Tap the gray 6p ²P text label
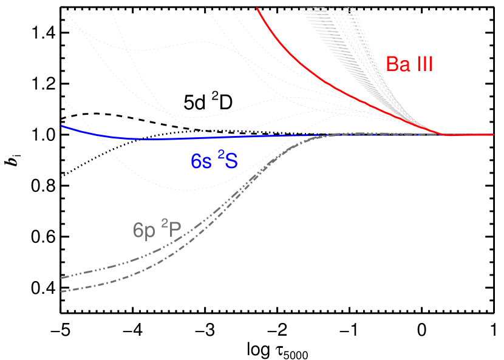tap(158, 230)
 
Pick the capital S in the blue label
tap(232, 161)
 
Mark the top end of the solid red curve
tap(257, 7)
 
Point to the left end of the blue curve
tap(62, 126)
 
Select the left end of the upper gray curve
tap(62, 277)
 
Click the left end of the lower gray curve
tap(62, 291)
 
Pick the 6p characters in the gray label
tap(145, 231)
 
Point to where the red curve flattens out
tap(446, 134)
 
